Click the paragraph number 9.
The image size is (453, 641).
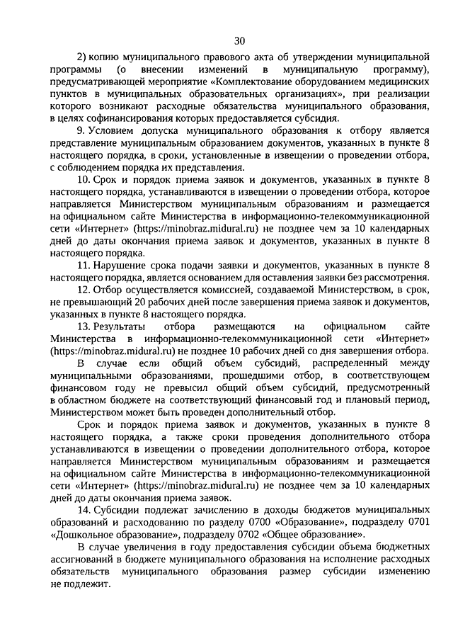point(81,130)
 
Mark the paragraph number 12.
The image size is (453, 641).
point(84,290)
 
